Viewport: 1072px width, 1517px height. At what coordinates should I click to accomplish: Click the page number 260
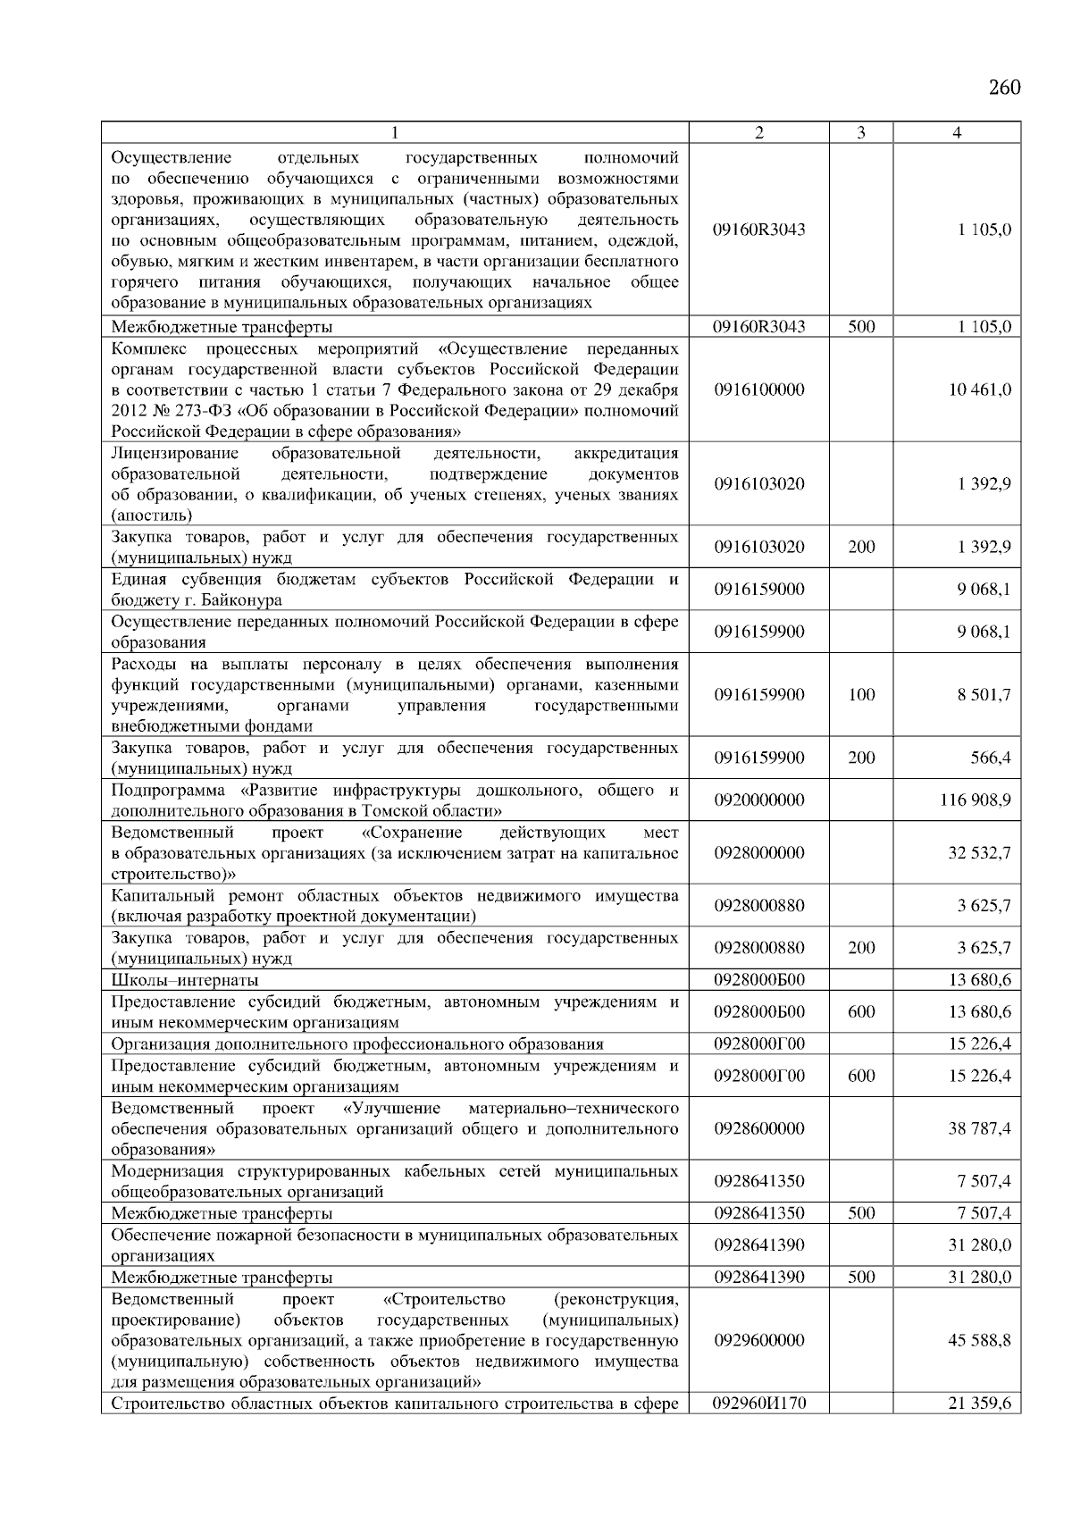point(1004,88)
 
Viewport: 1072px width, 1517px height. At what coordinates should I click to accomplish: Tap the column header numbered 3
point(860,133)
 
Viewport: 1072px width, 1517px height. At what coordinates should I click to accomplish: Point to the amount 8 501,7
point(984,694)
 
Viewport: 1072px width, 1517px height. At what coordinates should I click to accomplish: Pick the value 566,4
point(992,758)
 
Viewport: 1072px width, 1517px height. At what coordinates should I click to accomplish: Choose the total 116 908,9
point(976,800)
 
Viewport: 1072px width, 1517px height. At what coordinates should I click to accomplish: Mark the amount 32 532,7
point(979,852)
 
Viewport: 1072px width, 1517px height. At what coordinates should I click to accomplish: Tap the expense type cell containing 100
point(861,694)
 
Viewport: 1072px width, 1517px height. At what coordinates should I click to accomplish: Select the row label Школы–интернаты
point(184,980)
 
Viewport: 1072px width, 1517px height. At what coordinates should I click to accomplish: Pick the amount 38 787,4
point(979,1128)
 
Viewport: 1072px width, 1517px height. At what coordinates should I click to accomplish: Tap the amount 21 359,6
point(979,1404)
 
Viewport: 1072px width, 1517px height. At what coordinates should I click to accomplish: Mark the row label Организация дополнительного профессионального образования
point(356,1043)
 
